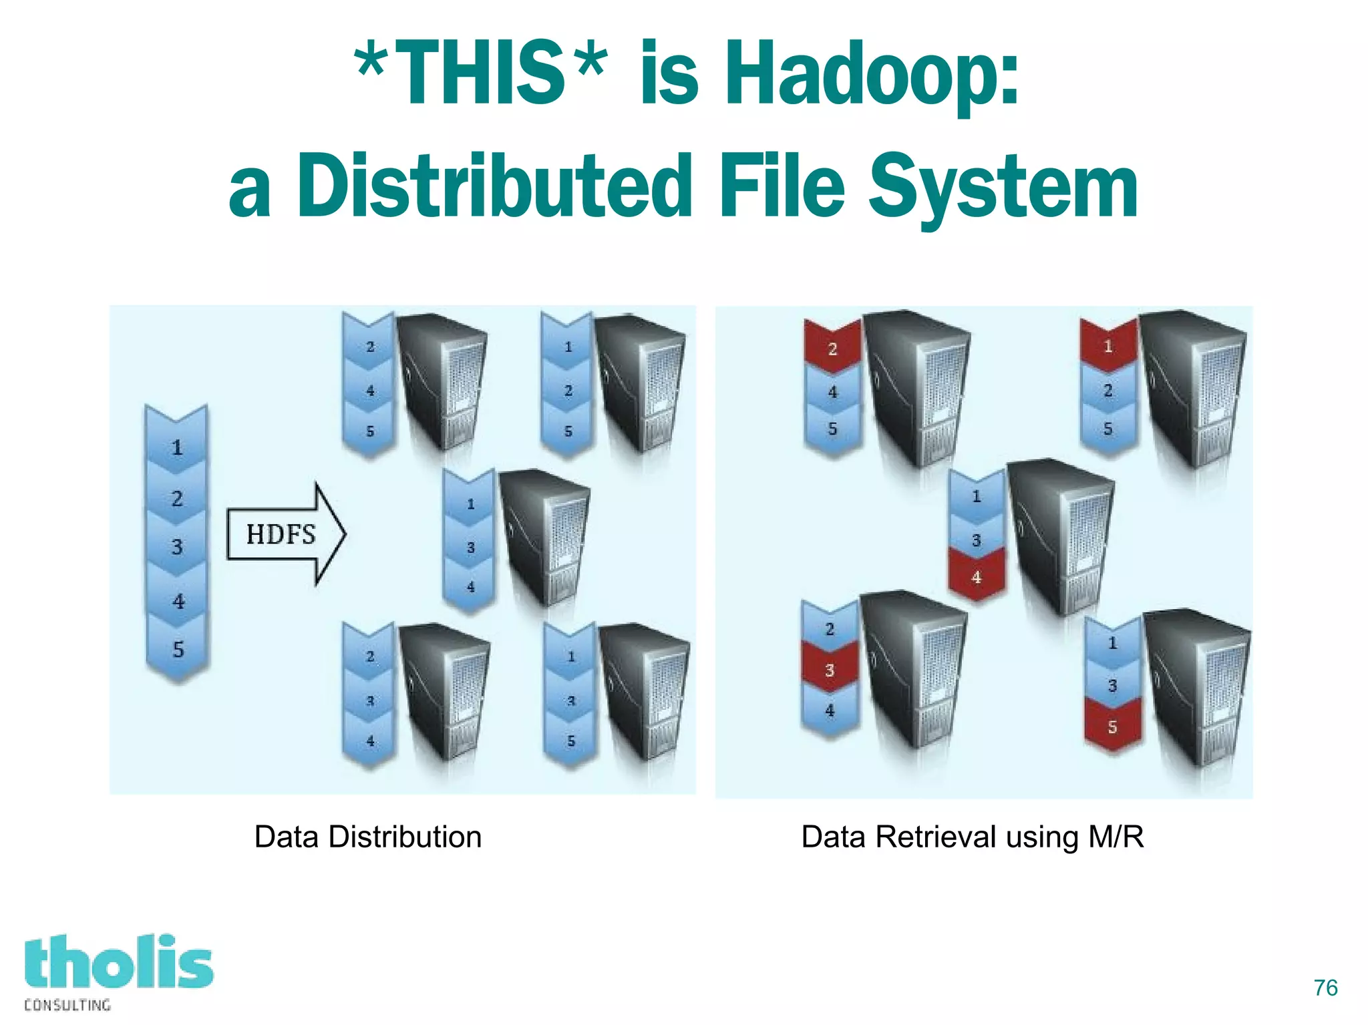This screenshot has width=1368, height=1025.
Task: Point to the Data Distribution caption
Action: (368, 837)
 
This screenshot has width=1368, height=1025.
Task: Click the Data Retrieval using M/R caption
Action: (972, 837)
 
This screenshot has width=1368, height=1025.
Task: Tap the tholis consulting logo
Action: (118, 971)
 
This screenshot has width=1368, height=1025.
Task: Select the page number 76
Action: (1325, 988)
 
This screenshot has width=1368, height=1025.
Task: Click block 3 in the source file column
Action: (177, 547)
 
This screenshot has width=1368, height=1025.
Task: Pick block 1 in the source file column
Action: (177, 447)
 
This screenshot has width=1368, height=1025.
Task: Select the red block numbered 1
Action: (1108, 347)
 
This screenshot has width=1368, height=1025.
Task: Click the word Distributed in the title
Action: (494, 187)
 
